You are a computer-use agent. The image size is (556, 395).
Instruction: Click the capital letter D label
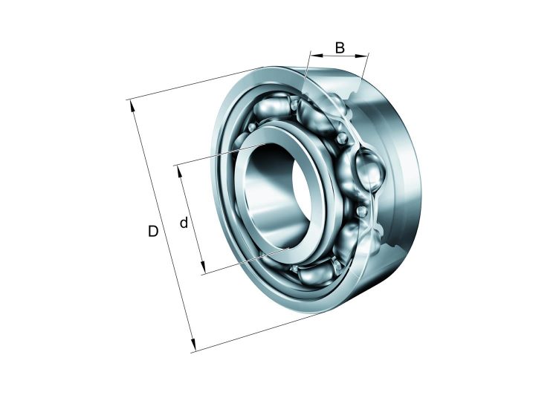[153, 231]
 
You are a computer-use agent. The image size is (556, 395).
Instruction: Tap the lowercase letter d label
[184, 223]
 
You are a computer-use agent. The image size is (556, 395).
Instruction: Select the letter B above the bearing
[340, 48]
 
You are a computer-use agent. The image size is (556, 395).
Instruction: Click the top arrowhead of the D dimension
[132, 105]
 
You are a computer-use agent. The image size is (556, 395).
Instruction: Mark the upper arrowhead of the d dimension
[179, 171]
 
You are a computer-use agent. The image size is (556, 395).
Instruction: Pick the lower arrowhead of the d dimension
[202, 267]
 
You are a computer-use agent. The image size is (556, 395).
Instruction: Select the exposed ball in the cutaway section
[369, 171]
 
